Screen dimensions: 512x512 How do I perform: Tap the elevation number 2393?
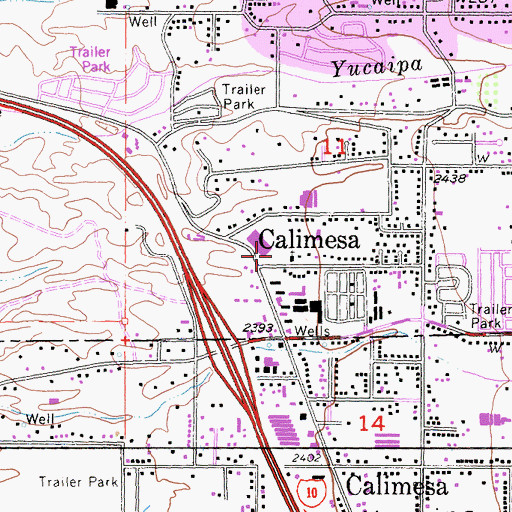258,327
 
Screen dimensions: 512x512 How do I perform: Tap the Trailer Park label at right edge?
488,318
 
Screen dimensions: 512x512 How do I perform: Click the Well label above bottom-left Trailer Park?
40,417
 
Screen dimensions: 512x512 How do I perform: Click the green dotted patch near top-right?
490,92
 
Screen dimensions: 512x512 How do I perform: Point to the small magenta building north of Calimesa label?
307,199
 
